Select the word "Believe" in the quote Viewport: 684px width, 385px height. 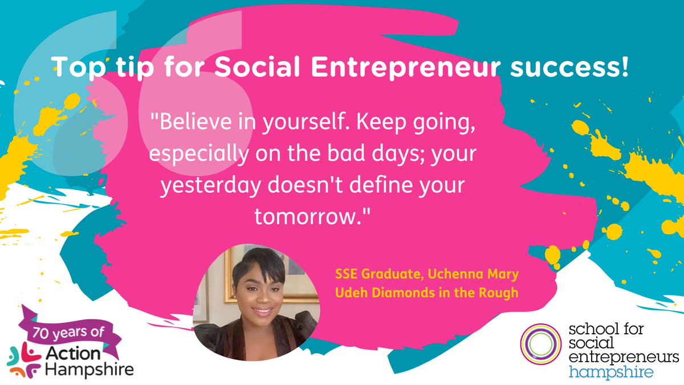tap(186, 124)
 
